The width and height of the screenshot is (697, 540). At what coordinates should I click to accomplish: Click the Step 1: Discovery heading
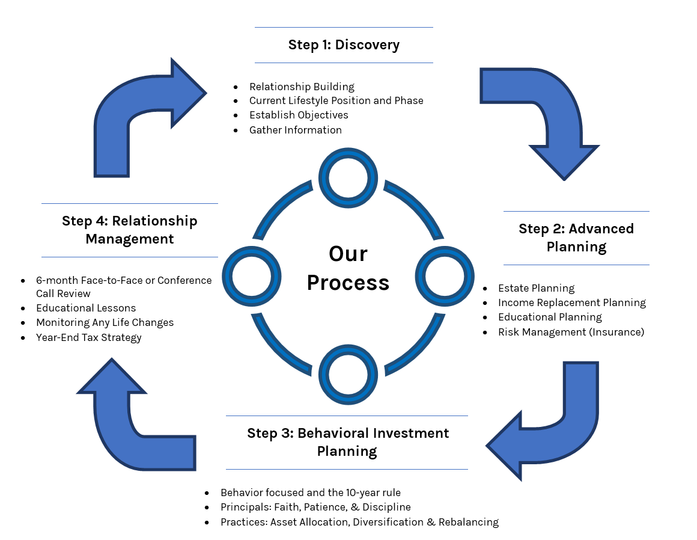pos(344,44)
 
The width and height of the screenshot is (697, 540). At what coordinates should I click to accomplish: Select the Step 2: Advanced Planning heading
pos(576,238)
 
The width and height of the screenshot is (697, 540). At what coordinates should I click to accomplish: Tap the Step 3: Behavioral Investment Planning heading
pos(347,442)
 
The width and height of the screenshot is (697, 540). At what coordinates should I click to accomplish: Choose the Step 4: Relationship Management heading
pos(129,230)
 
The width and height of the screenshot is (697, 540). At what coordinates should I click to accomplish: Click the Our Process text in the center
pos(348,268)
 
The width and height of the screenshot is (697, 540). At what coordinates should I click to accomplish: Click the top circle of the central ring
pos(348,178)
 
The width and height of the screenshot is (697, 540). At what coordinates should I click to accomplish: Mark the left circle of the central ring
pos(252,276)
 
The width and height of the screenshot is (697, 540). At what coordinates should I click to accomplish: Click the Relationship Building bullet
pos(302,87)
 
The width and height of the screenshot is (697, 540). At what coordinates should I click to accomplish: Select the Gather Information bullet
pos(295,130)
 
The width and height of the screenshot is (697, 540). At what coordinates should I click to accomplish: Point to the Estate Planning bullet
pos(536,288)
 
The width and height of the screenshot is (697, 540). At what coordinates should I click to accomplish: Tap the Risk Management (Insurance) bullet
pos(571,331)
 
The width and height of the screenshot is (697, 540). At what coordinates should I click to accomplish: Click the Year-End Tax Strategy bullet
pos(88,337)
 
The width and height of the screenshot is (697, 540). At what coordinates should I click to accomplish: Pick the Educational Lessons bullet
pos(86,308)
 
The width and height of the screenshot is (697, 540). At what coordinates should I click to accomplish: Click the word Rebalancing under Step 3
pos(469,522)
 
